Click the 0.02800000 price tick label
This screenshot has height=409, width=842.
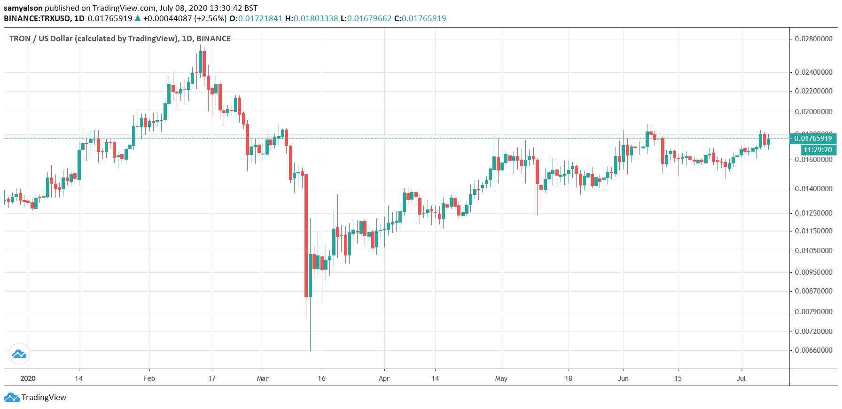(x=813, y=39)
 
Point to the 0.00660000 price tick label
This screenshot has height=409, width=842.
(x=813, y=350)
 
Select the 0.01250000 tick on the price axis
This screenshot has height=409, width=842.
(x=813, y=213)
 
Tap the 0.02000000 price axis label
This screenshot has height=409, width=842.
(x=813, y=112)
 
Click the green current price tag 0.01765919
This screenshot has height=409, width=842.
(x=813, y=138)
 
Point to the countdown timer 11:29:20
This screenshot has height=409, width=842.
(x=818, y=150)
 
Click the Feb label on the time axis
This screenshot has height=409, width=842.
(x=149, y=378)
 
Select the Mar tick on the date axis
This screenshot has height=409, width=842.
(x=263, y=378)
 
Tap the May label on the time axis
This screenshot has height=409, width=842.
(x=501, y=378)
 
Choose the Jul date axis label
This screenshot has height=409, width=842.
(x=741, y=378)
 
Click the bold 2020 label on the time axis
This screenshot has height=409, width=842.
(x=28, y=378)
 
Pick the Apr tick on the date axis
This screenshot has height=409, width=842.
(x=384, y=378)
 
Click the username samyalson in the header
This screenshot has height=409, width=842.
(x=23, y=8)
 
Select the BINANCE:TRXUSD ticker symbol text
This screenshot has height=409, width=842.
(x=37, y=18)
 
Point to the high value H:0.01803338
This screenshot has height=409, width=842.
(x=312, y=18)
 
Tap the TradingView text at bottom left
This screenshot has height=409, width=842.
(x=44, y=397)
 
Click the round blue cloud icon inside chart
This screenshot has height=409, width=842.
(x=19, y=354)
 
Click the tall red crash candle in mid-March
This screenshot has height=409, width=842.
(x=306, y=235)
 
